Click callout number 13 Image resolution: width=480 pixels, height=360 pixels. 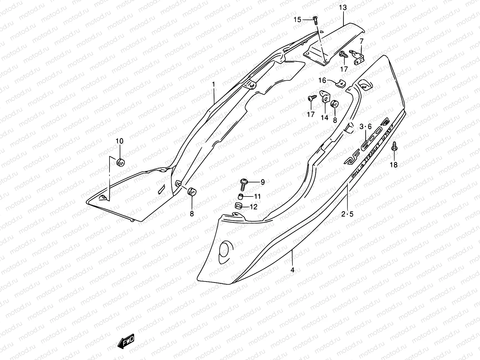click(343, 7)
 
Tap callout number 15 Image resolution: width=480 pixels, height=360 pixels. click(297, 20)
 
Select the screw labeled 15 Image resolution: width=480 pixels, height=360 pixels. click(315, 21)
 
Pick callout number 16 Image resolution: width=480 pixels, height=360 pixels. click(322, 80)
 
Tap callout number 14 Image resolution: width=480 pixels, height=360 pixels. click(324, 118)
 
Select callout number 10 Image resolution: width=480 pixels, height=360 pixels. click(119, 141)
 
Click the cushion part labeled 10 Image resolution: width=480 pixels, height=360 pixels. click(120, 162)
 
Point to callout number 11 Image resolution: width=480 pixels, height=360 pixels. click(257, 197)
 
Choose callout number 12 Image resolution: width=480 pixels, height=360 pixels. click(253, 207)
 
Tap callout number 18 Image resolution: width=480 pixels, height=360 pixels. click(393, 165)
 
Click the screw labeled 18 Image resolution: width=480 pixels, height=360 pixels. click(394, 146)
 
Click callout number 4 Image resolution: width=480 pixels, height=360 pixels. click(292, 270)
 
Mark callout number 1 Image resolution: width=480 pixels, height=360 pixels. click(214, 85)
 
